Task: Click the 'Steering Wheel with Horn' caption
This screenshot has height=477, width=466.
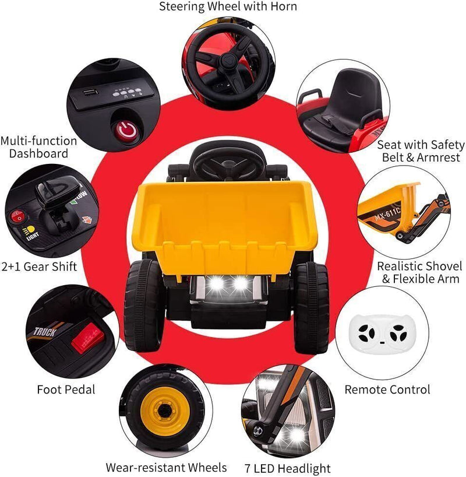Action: coord(228,7)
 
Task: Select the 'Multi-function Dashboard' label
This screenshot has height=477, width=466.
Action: coord(38,148)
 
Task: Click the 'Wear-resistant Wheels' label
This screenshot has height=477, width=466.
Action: coord(166,467)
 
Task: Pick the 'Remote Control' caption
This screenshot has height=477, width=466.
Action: coord(387,389)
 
